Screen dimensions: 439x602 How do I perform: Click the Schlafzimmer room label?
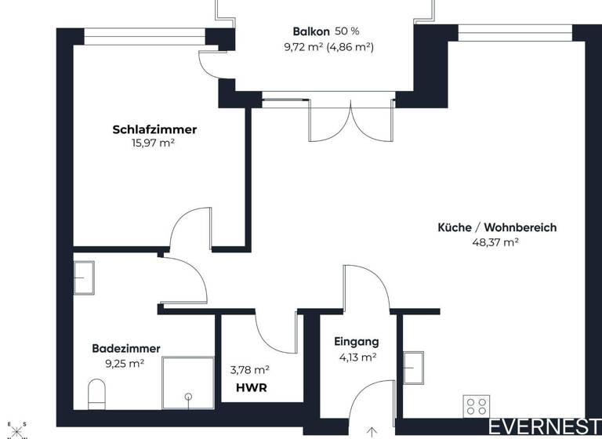point(154,129)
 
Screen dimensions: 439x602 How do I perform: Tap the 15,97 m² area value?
point(154,143)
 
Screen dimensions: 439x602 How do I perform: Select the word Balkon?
point(311,31)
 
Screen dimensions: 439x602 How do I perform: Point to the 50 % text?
point(347,31)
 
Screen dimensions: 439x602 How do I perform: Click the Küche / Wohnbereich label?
point(497,227)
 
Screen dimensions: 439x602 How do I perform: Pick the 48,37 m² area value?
point(497,242)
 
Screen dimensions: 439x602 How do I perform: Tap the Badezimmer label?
point(126,348)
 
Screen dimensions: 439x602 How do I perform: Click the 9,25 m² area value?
point(125,363)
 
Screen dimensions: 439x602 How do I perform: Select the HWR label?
point(249,387)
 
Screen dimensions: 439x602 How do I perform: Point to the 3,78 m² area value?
point(250,369)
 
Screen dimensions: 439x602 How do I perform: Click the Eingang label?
point(357,342)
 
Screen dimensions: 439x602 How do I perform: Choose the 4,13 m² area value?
point(357,357)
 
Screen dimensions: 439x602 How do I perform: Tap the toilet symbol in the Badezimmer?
point(96,394)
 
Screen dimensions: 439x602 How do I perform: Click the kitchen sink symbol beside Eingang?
point(413,365)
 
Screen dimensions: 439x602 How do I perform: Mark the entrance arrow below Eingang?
point(372,430)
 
